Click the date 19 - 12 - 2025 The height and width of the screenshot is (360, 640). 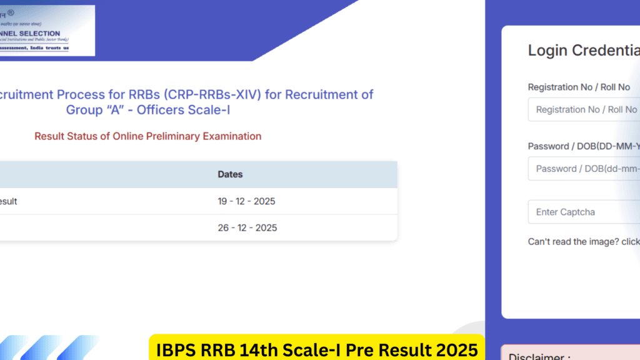coord(246,201)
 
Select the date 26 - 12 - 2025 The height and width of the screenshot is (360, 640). coord(247,227)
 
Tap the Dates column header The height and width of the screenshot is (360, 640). coord(230,174)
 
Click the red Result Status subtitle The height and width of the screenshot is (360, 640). coord(147,136)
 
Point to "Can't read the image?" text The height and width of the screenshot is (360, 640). coord(574,242)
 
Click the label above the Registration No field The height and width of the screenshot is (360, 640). coord(579,87)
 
